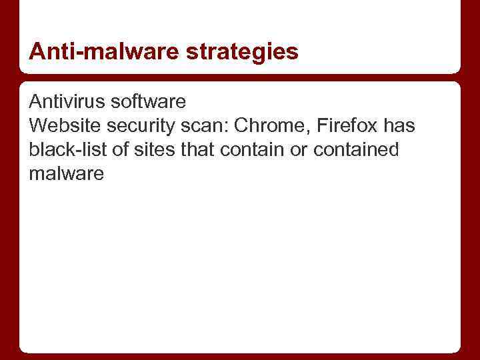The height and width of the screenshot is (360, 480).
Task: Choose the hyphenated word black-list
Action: pyautogui.click(x=68, y=150)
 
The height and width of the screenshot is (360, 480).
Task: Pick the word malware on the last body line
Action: pyautogui.click(x=67, y=174)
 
